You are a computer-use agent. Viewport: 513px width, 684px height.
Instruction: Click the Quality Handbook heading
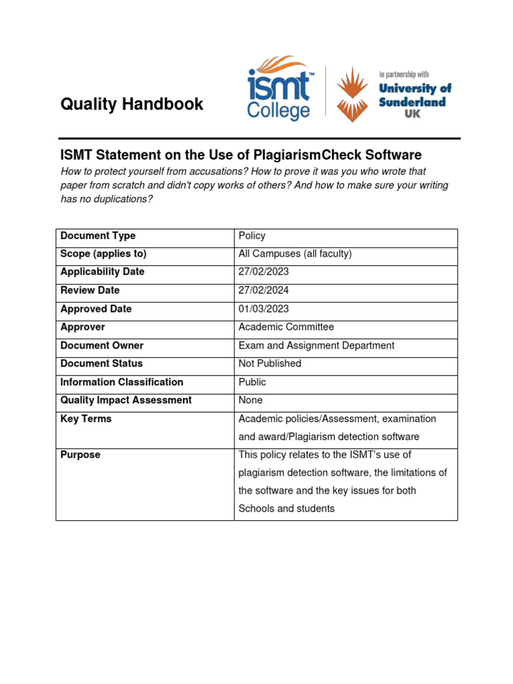point(132,104)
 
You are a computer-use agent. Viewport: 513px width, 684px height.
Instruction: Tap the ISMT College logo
point(279,88)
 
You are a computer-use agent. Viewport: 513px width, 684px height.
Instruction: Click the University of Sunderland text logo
point(415,100)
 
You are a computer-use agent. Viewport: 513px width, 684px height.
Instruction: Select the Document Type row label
point(98,236)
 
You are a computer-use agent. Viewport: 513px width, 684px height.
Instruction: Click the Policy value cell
point(252,236)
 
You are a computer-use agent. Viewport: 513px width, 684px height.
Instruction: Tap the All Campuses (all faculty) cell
point(295,254)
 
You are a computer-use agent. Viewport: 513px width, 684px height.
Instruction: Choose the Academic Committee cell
point(286,327)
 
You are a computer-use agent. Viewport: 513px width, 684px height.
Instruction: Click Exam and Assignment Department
point(316,345)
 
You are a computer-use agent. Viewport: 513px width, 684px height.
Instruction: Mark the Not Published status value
point(270,363)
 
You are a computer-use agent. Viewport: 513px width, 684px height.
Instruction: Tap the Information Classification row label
point(122,382)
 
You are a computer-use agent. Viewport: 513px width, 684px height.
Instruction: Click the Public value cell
point(252,382)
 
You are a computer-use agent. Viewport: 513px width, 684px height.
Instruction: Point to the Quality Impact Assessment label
point(126,400)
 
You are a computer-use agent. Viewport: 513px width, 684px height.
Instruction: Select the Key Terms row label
point(85,419)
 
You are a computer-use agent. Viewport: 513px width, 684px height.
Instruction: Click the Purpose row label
point(80,455)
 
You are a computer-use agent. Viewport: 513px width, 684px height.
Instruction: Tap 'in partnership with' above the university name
point(403,74)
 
